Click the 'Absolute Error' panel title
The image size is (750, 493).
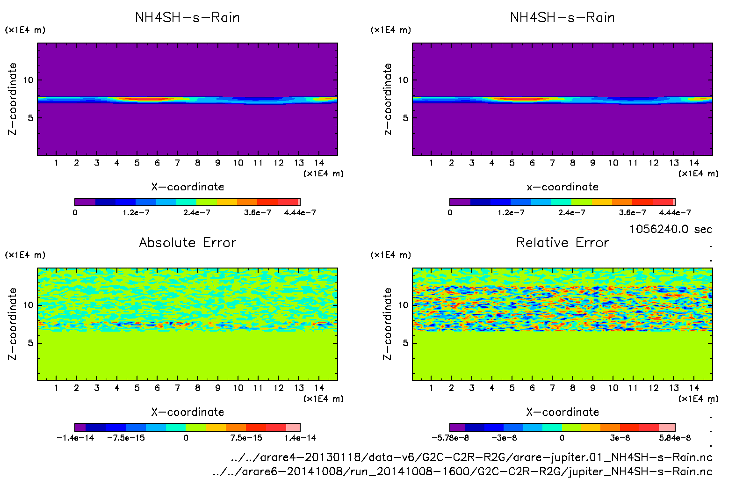click(x=187, y=242)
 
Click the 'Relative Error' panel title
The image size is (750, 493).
click(x=562, y=242)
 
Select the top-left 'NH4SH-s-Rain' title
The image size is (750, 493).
click(x=187, y=17)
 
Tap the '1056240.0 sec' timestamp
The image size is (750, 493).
click(x=671, y=229)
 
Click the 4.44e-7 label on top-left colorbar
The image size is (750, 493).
click(x=300, y=212)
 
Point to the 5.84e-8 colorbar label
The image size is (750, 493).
click(x=675, y=438)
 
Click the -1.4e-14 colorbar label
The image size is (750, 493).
click(x=75, y=438)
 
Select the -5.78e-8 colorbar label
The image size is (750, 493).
click(x=450, y=438)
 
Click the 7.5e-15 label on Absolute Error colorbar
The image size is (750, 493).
click(x=246, y=438)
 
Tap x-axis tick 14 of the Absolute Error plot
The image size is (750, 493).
click(x=319, y=388)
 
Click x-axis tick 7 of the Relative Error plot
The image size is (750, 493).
click(x=552, y=388)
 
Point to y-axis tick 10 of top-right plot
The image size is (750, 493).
click(x=403, y=80)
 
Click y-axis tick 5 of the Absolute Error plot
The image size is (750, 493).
click(x=30, y=343)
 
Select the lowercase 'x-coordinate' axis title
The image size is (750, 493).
click(x=562, y=187)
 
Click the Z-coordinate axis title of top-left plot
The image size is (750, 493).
click(x=13, y=99)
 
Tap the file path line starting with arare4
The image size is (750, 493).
click(x=472, y=457)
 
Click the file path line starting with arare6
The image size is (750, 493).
click(x=462, y=471)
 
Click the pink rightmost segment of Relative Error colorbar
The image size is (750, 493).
click(x=667, y=427)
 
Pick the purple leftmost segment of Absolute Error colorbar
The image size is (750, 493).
click(x=80, y=427)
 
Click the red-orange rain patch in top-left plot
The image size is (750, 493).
click(x=145, y=99)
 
